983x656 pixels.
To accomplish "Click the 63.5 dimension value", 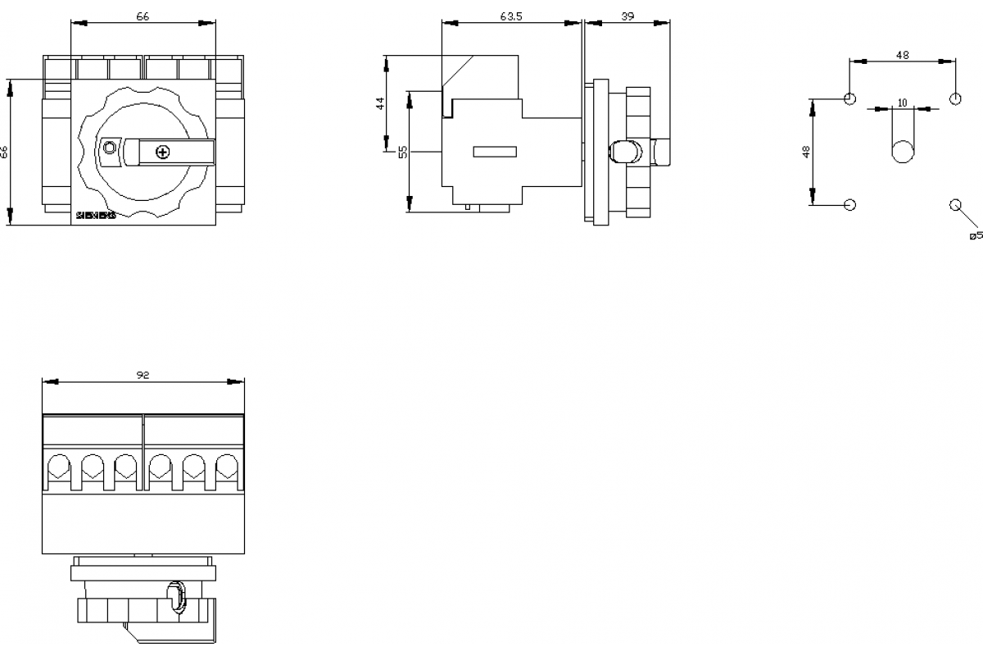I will pyautogui.click(x=511, y=16).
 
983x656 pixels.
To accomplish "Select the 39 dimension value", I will pyautogui.click(x=627, y=16).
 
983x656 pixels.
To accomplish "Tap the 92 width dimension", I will pyautogui.click(x=143, y=375).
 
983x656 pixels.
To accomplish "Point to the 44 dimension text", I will pyautogui.click(x=379, y=103).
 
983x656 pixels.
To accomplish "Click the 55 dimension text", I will pyautogui.click(x=402, y=151).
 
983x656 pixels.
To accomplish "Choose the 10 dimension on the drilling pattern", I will pyautogui.click(x=902, y=102).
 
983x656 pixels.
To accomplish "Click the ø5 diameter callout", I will pyautogui.click(x=975, y=236).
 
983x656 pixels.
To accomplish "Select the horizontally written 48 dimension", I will pyautogui.click(x=902, y=55).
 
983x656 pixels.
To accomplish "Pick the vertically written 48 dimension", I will pyautogui.click(x=806, y=152).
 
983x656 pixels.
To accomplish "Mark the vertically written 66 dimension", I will pyautogui.click(x=4, y=152).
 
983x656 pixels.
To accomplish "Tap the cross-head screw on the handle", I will pyautogui.click(x=162, y=152).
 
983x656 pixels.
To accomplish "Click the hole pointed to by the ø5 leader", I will pyautogui.click(x=954, y=204).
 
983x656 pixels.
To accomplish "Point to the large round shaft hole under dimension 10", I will pyautogui.click(x=903, y=153).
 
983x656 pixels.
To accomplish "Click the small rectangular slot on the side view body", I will pyautogui.click(x=495, y=151).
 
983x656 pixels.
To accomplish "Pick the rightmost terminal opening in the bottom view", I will pyautogui.click(x=226, y=468).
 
